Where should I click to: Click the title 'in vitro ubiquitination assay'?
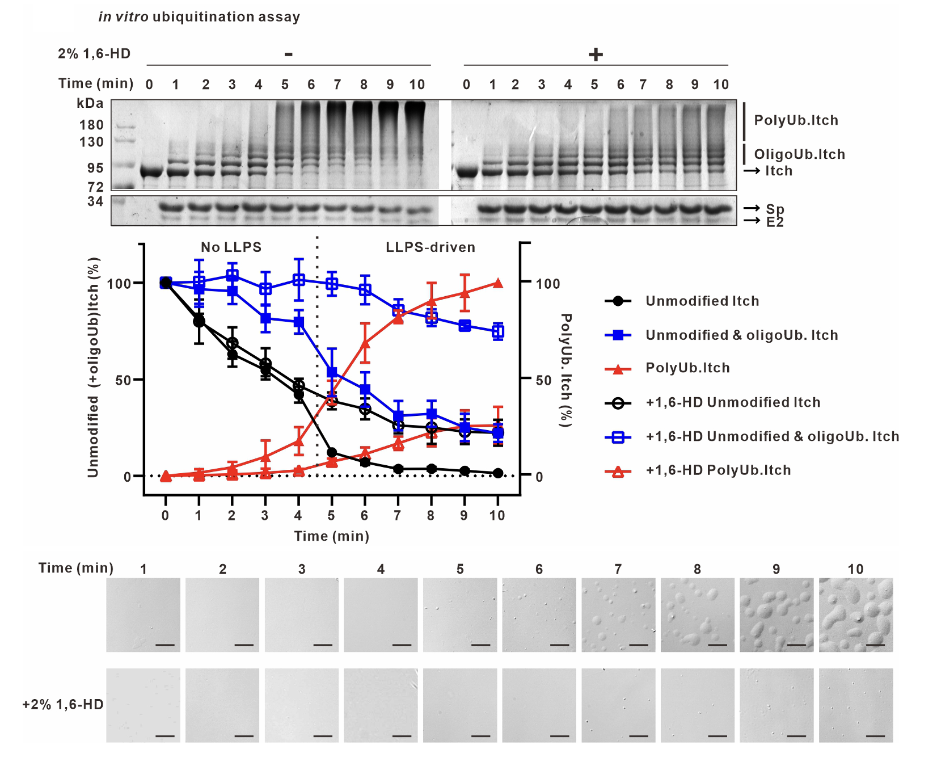(199, 17)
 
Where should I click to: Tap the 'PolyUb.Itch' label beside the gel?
(796, 120)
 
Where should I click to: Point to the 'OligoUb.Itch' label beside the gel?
(799, 154)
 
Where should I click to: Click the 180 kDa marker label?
(91, 125)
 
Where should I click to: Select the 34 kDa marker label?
(95, 201)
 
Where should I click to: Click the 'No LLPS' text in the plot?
(231, 247)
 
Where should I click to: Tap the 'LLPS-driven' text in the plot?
(430, 247)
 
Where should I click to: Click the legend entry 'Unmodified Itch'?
(702, 301)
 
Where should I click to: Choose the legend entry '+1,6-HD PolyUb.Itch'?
(718, 470)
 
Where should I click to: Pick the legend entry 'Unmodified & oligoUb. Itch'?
(742, 335)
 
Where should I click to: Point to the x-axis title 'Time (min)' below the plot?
(332, 536)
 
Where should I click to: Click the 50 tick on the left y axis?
(123, 380)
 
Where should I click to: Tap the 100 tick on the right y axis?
(548, 284)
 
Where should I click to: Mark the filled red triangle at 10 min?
(498, 283)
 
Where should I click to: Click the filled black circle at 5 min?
(332, 453)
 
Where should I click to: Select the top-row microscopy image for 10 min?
(856, 615)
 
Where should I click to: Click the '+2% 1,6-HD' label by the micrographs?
(63, 705)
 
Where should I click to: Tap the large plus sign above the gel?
(596, 54)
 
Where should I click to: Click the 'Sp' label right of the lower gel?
(775, 209)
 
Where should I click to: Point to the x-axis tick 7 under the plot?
(398, 515)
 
